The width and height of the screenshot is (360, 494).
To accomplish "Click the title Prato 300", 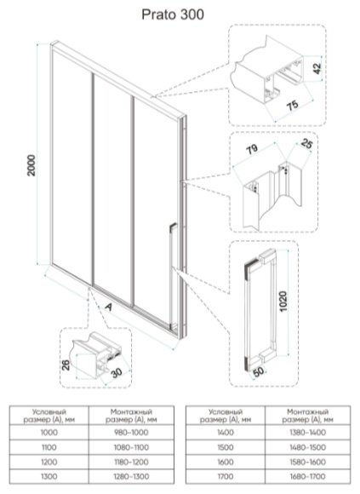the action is click(173, 14).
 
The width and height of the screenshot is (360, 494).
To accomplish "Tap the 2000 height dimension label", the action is click(31, 165).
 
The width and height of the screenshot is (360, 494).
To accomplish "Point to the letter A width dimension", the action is click(108, 307).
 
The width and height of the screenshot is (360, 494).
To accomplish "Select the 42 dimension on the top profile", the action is click(317, 68).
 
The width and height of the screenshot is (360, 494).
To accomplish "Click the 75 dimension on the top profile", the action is click(293, 106).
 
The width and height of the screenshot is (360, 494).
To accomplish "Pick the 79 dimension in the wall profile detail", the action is click(252, 149).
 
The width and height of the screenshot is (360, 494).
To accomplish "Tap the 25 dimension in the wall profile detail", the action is click(306, 144).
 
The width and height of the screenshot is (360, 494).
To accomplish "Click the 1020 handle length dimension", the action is click(283, 302).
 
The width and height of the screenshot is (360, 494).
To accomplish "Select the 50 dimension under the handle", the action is click(259, 371).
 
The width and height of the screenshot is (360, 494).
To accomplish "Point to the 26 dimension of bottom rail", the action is click(66, 365).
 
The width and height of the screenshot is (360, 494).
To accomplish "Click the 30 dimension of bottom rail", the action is click(117, 373).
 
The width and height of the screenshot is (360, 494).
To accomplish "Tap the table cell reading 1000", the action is click(49, 433).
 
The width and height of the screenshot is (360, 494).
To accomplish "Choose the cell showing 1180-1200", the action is click(131, 462).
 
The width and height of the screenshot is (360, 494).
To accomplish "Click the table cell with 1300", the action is click(49, 477).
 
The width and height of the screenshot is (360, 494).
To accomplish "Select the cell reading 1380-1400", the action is click(308, 433).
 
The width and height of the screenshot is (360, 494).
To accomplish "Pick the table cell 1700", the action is click(226, 477).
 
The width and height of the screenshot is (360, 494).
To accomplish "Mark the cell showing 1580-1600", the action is click(308, 462).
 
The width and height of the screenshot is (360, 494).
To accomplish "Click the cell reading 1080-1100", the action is click(131, 447).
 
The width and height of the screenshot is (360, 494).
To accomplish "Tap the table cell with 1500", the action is click(226, 447).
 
